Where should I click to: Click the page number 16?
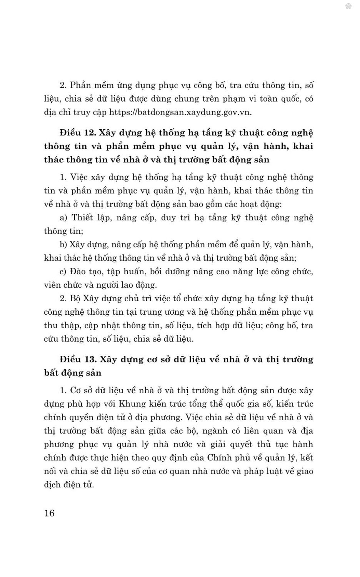pos(50,513)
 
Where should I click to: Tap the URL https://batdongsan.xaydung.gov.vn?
pos(180,112)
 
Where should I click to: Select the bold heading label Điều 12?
pos(77,133)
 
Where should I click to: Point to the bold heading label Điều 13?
pos(77,359)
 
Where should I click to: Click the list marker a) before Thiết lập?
pos(64,218)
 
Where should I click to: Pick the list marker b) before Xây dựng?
pos(64,245)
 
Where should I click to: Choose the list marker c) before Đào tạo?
pos(63,272)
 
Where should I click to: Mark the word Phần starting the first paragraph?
pos(81,85)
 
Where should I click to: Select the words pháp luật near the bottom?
pos(259,471)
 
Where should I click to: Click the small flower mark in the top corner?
pos(348,7)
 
